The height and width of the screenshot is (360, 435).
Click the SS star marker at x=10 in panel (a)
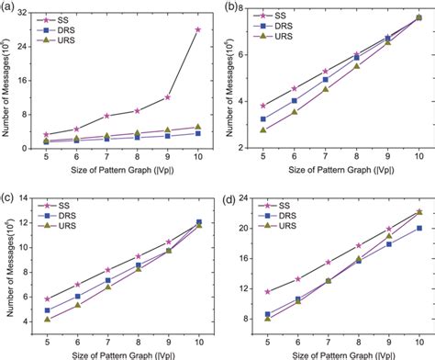coord(197,29)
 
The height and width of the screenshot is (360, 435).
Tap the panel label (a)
coord(8,7)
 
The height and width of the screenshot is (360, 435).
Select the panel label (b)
coord(229,7)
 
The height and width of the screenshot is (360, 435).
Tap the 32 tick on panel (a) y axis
coord(29,13)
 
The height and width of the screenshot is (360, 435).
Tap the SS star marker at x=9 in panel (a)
coord(167,97)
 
